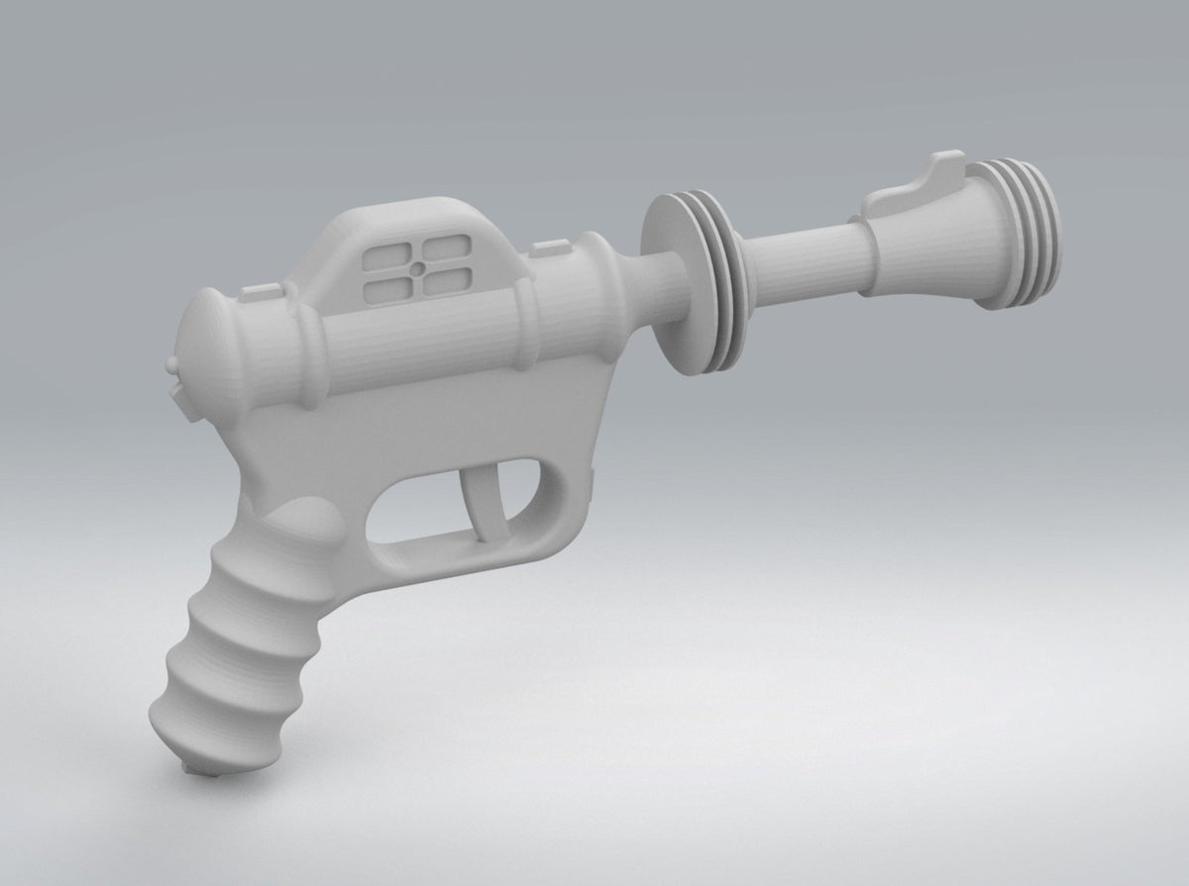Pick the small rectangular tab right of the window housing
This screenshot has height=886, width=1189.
pyautogui.click(x=544, y=247)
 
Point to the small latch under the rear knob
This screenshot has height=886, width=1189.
pyautogui.click(x=179, y=396)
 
